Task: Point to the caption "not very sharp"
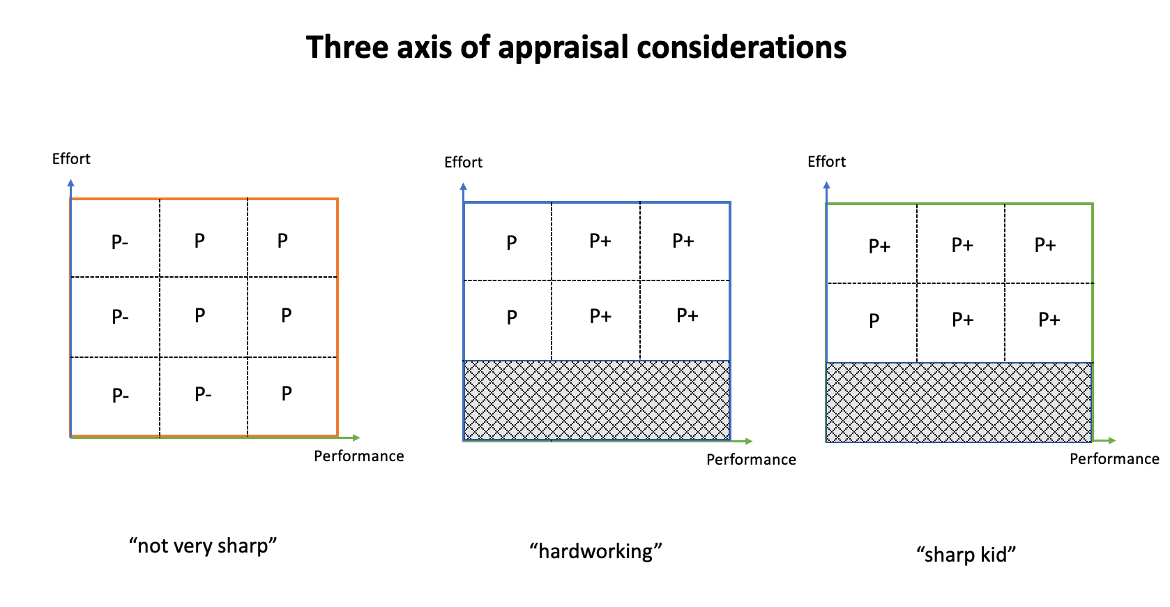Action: point(203,545)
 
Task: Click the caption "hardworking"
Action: point(595,551)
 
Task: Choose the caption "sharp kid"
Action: point(966,554)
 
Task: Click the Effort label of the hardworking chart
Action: point(463,163)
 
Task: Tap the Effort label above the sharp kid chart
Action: point(826,162)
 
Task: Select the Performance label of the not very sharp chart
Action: point(358,456)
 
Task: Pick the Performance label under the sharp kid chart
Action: point(1114,459)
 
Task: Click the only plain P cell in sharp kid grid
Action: point(874,321)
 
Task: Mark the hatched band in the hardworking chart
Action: point(597,400)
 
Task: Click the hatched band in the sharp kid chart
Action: point(959,403)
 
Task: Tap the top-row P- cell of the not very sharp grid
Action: point(120,242)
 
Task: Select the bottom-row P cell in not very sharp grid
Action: point(287,394)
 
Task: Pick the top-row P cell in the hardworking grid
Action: point(511,243)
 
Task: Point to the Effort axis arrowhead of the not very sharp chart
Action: point(70,183)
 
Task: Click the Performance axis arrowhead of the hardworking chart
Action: point(749,441)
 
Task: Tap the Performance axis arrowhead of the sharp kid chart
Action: point(1112,440)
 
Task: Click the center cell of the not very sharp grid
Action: point(200,316)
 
